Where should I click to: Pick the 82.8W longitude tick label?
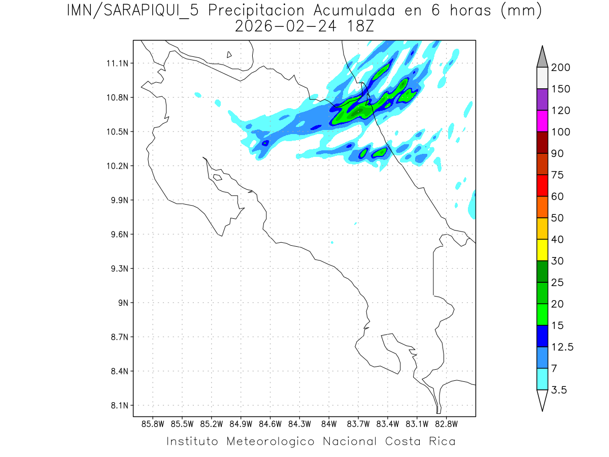pyautogui.click(x=446, y=423)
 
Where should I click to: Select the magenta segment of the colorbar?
pyautogui.click(x=542, y=121)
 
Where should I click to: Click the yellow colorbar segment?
pyautogui.click(x=542, y=250)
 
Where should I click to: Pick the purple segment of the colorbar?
pyautogui.click(x=542, y=100)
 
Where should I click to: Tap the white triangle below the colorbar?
pyautogui.click(x=542, y=400)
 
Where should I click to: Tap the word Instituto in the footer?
pyautogui.click(x=192, y=441)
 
